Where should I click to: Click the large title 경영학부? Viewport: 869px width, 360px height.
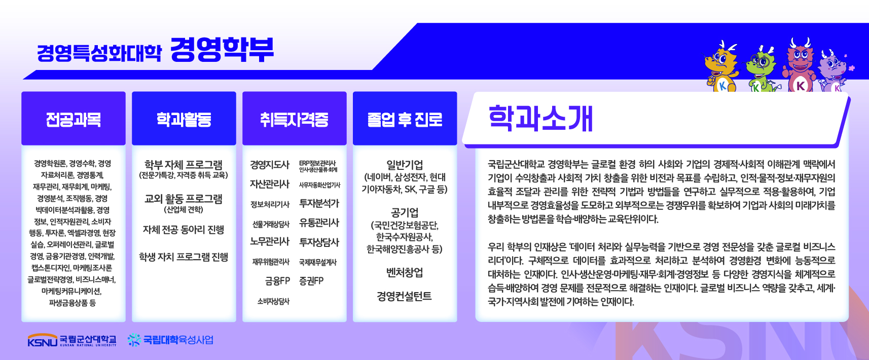click(222, 50)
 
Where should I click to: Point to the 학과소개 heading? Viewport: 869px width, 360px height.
click(540, 118)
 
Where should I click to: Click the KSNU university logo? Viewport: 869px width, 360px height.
click(72, 340)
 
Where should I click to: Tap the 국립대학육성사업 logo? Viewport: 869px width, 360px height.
click(171, 340)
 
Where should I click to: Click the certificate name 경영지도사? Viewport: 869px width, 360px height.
click(270, 165)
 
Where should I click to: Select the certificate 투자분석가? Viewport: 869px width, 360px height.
click(319, 203)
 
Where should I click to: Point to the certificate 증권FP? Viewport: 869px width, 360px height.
click(311, 280)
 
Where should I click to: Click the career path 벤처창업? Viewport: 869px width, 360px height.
click(405, 273)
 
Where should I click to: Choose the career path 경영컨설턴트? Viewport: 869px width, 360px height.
click(404, 297)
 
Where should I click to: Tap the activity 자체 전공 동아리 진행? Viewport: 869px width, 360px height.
click(184, 230)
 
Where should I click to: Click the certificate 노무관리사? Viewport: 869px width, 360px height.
click(270, 242)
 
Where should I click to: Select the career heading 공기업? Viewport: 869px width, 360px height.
click(405, 212)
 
